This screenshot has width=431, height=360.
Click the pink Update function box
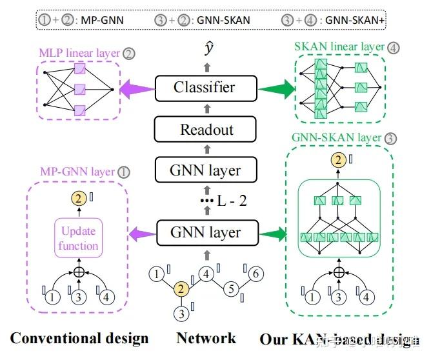pyautogui.click(x=79, y=238)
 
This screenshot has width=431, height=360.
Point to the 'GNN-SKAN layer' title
pyautogui.click(x=335, y=138)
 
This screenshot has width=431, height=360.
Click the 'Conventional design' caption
pyautogui.click(x=79, y=338)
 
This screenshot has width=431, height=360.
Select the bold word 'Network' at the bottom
pyautogui.click(x=206, y=338)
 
